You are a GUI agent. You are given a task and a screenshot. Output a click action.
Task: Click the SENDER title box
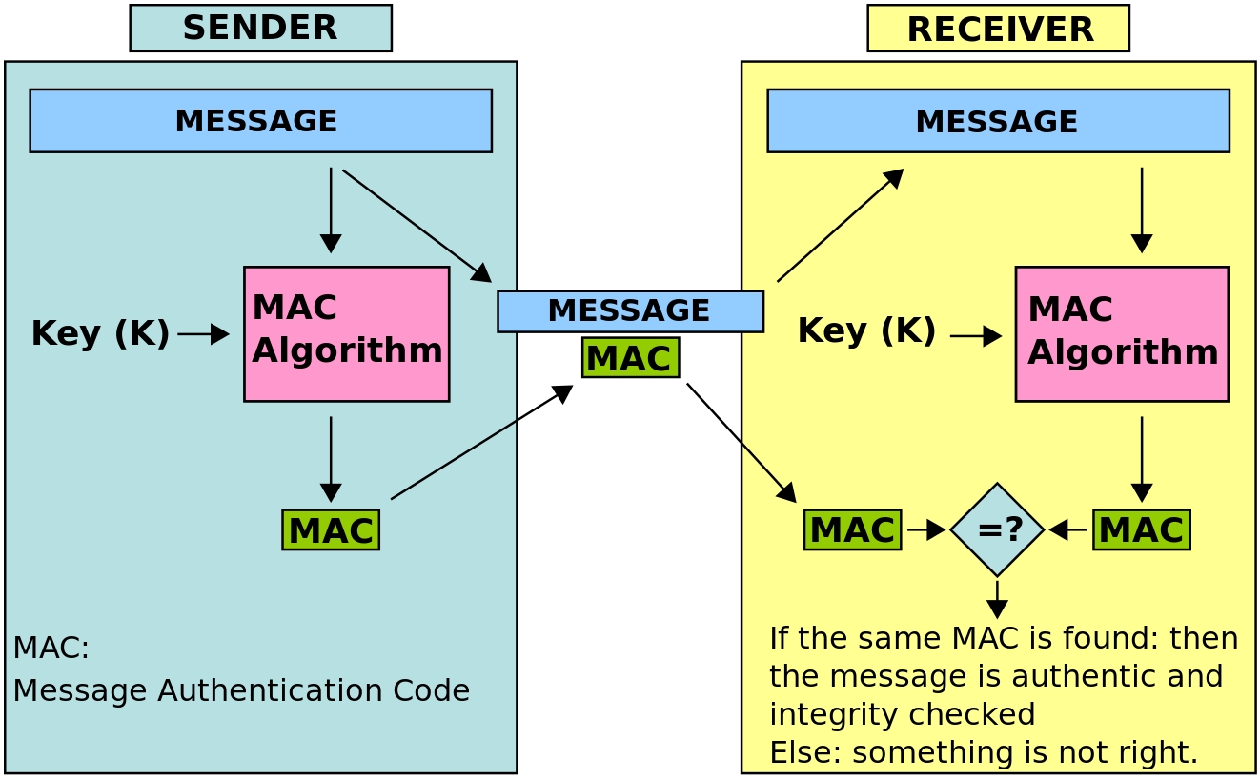point(260,28)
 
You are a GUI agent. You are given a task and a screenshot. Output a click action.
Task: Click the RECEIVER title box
point(998,29)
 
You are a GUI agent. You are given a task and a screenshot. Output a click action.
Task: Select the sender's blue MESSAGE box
point(260,121)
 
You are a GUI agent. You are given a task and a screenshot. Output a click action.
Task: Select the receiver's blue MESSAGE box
point(998,121)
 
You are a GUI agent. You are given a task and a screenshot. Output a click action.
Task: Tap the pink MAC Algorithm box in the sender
point(346,333)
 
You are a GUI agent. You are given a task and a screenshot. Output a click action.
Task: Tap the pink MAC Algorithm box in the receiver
point(1121,333)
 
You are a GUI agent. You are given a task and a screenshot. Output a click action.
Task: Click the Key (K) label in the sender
point(100,333)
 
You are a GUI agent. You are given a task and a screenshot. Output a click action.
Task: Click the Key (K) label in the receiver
point(866,330)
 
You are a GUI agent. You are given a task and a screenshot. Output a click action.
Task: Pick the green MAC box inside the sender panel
point(331,529)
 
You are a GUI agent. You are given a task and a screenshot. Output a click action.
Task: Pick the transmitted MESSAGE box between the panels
point(630,311)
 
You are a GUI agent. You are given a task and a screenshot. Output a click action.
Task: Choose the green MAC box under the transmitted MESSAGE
point(630,358)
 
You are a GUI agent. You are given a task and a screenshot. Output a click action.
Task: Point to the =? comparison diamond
point(997,529)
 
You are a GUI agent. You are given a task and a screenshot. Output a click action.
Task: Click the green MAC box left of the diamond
point(852,529)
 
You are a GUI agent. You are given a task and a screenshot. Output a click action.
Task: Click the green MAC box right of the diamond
point(1141,529)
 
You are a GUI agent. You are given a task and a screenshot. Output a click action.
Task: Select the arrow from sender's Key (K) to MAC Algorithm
point(203,334)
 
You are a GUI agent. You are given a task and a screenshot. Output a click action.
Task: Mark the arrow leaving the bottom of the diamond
point(997,599)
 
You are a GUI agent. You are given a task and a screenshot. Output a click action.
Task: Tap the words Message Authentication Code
point(241,690)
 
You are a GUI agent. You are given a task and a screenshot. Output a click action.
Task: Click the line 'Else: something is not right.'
point(983,752)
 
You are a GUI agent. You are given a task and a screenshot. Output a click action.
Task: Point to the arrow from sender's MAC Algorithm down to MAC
point(331,459)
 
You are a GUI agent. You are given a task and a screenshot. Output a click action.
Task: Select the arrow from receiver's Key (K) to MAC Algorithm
point(975,336)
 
